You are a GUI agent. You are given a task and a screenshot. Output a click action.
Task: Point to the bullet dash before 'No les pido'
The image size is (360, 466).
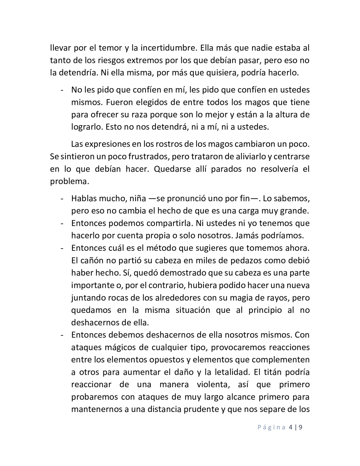(62, 90)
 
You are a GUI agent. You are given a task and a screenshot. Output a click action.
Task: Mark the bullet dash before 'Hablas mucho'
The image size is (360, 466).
(62, 199)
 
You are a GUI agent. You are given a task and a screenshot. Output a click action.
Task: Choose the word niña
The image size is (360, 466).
(138, 199)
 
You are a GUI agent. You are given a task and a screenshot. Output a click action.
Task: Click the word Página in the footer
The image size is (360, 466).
(271, 427)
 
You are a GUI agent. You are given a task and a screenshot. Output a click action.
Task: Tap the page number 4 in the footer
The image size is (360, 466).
(290, 427)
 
